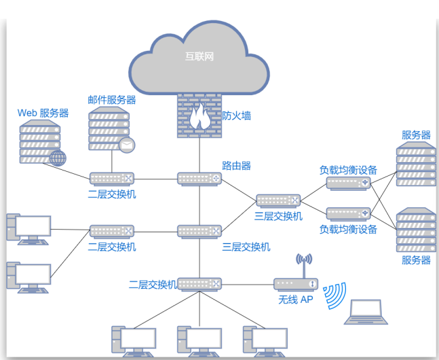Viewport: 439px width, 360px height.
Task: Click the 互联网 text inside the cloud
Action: tap(199, 56)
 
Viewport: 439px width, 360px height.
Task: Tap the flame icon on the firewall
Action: tap(200, 116)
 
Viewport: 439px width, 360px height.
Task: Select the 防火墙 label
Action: tap(236, 115)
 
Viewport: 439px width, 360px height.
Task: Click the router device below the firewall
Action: tap(199, 179)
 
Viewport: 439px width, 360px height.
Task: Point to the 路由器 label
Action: tap(236, 166)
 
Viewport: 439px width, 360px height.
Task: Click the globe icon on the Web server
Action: tap(58, 158)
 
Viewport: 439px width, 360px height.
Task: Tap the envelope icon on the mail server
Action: tap(127, 145)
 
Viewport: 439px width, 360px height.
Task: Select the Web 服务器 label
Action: tap(43, 113)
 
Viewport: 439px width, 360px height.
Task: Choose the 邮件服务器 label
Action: tap(112, 100)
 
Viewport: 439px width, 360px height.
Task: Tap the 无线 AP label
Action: tap(296, 300)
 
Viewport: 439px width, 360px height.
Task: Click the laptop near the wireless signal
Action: tap(366, 312)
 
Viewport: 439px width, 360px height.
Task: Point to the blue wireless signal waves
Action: tap(335, 296)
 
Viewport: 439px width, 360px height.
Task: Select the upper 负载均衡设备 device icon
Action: tap(348, 183)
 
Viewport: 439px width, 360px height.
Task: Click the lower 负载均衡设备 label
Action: tap(348, 229)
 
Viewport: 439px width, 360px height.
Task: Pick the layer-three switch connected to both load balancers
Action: tap(278, 201)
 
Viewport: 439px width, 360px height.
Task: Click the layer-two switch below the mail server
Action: tap(112, 179)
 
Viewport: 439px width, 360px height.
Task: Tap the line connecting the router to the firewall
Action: tap(199, 156)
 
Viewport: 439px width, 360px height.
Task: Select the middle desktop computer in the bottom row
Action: tap(199, 341)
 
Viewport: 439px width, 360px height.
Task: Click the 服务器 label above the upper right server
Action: tap(416, 135)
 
